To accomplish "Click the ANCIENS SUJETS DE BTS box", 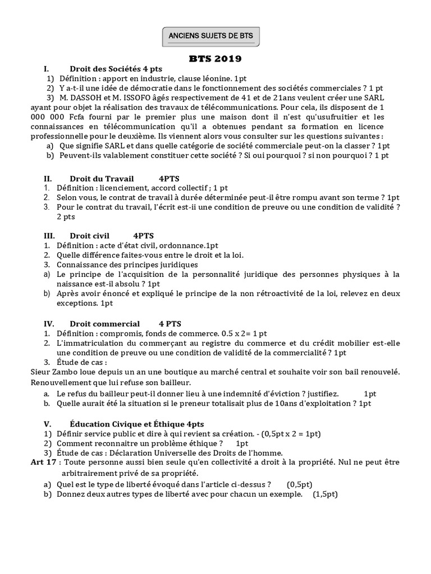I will click(211, 36).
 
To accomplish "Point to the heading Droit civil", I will click(90, 235).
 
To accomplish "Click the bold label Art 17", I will click(43, 463).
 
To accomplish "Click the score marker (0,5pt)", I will click(300, 484).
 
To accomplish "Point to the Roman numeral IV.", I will click(48, 323).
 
